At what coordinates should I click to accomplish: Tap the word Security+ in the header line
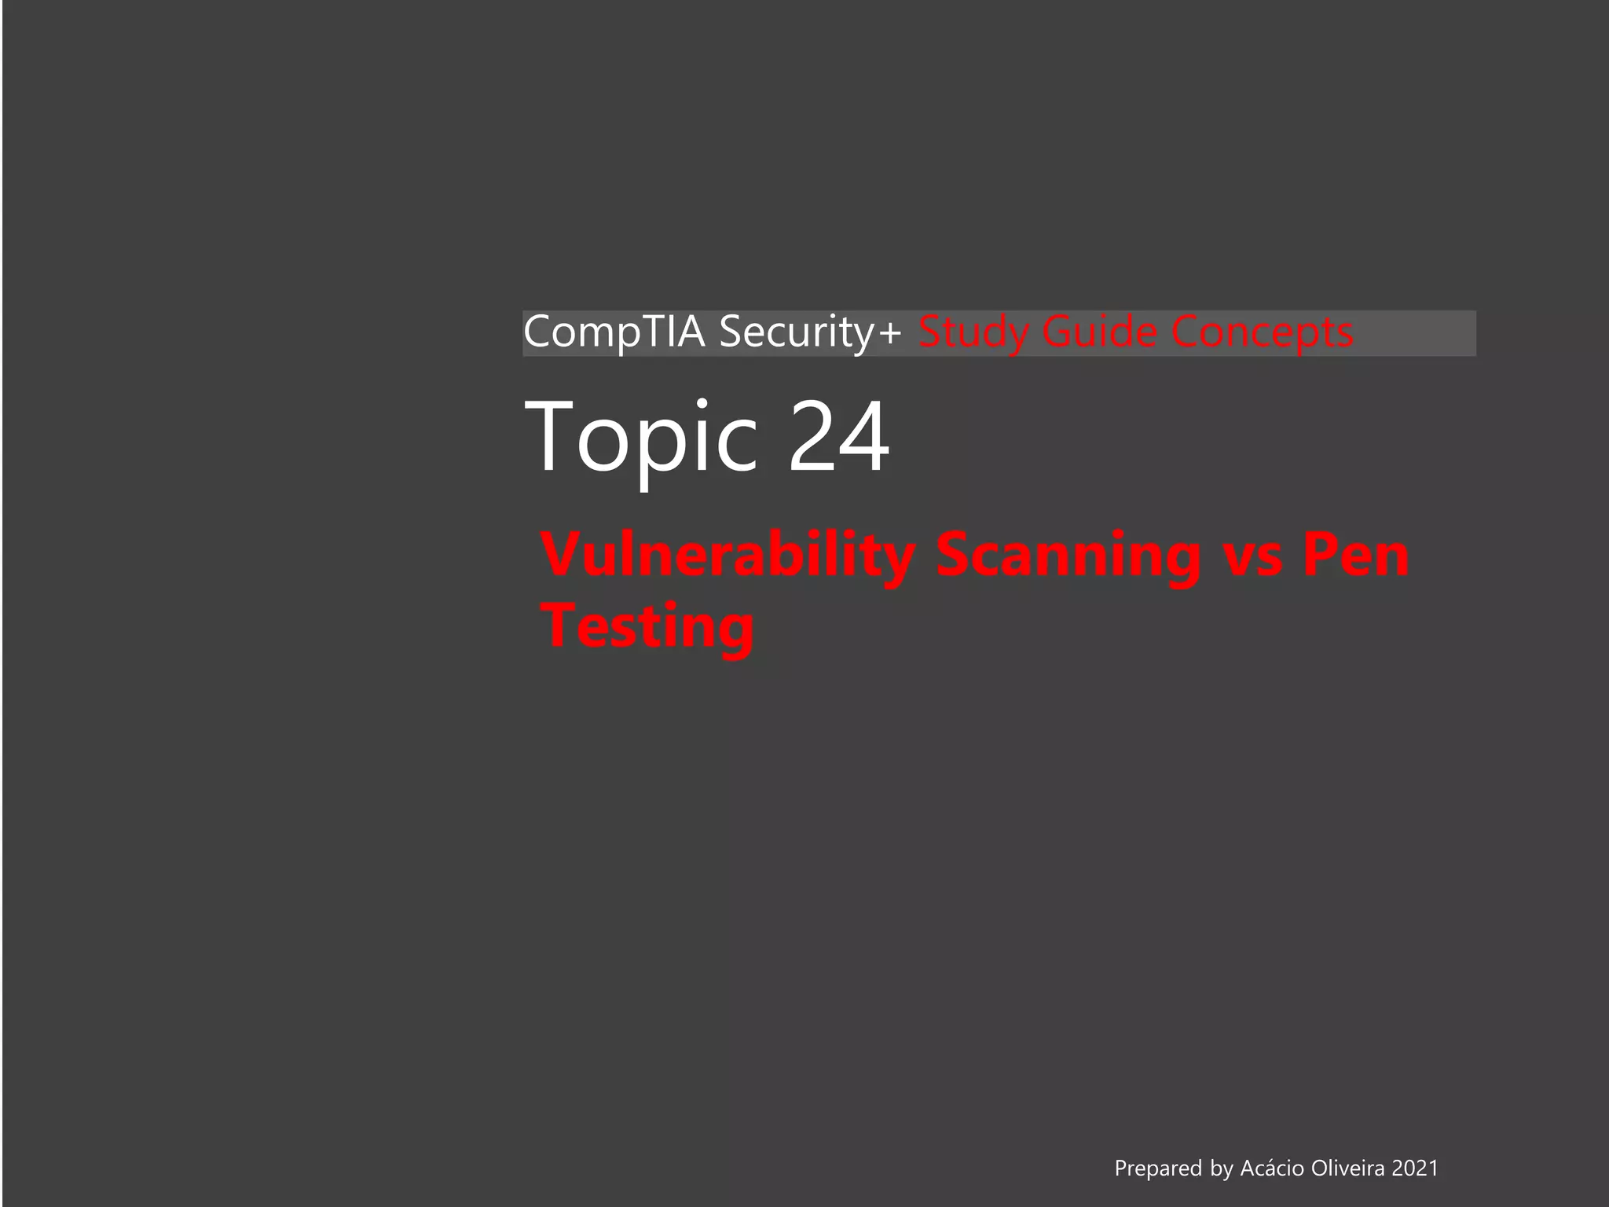tap(809, 332)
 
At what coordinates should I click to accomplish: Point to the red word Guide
tap(1099, 332)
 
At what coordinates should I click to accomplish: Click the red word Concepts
tap(1263, 332)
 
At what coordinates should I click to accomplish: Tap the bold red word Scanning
tap(1068, 556)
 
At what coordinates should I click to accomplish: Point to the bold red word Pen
tap(1357, 556)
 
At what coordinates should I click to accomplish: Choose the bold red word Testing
tap(648, 626)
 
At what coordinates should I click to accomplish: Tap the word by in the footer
tap(1222, 1168)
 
